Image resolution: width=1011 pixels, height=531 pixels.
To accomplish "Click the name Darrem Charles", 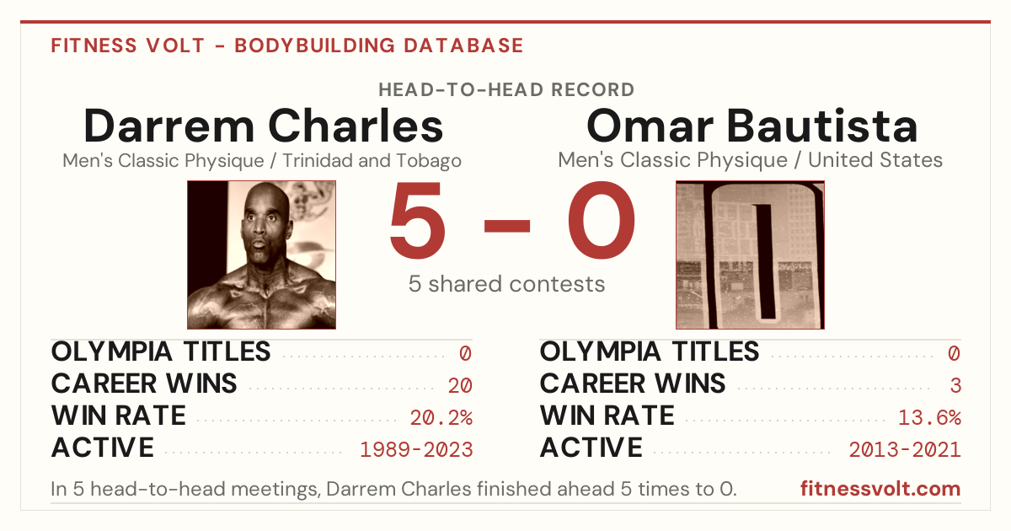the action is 263,126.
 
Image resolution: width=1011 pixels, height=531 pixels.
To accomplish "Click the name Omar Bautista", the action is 752,126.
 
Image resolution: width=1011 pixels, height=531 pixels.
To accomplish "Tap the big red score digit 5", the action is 418,220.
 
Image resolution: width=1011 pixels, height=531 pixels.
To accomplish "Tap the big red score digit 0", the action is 602,220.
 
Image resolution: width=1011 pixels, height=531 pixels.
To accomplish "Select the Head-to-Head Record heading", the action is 506,90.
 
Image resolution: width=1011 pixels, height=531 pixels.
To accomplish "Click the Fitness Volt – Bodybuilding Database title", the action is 287,46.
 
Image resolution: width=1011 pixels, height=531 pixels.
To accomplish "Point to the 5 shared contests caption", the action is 506,284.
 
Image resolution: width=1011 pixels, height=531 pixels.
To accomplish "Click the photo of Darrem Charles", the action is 262,255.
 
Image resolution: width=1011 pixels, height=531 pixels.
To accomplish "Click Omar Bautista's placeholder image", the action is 750,255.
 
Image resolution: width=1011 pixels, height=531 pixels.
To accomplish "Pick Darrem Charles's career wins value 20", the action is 460,386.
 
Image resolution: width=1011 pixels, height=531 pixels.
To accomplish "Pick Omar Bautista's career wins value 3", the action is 955,386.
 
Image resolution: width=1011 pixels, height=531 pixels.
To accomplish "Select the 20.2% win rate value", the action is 441,418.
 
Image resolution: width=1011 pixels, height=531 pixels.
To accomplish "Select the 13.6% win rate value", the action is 930,418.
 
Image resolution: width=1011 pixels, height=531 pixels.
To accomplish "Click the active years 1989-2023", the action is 416,450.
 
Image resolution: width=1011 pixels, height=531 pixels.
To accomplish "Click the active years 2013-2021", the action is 905,450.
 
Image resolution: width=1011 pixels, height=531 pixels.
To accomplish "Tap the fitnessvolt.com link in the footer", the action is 880,489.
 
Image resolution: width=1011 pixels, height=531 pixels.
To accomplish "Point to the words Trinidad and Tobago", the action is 372,161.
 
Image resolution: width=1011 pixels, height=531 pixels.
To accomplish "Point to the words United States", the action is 875,160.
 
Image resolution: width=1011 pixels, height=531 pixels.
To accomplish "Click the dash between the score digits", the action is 507,225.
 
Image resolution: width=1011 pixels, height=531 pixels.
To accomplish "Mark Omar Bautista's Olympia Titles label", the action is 650,351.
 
